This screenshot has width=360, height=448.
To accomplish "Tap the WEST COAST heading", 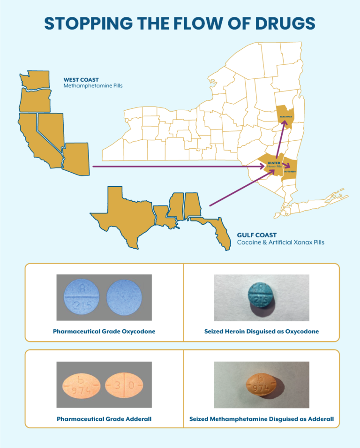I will coord(81,80).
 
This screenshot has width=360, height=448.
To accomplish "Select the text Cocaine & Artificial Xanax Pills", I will coord(280,243).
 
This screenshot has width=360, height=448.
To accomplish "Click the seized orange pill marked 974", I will coord(261,385).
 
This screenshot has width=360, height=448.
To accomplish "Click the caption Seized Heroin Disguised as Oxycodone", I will coord(262,331).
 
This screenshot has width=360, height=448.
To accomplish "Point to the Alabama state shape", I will coord(192,206).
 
